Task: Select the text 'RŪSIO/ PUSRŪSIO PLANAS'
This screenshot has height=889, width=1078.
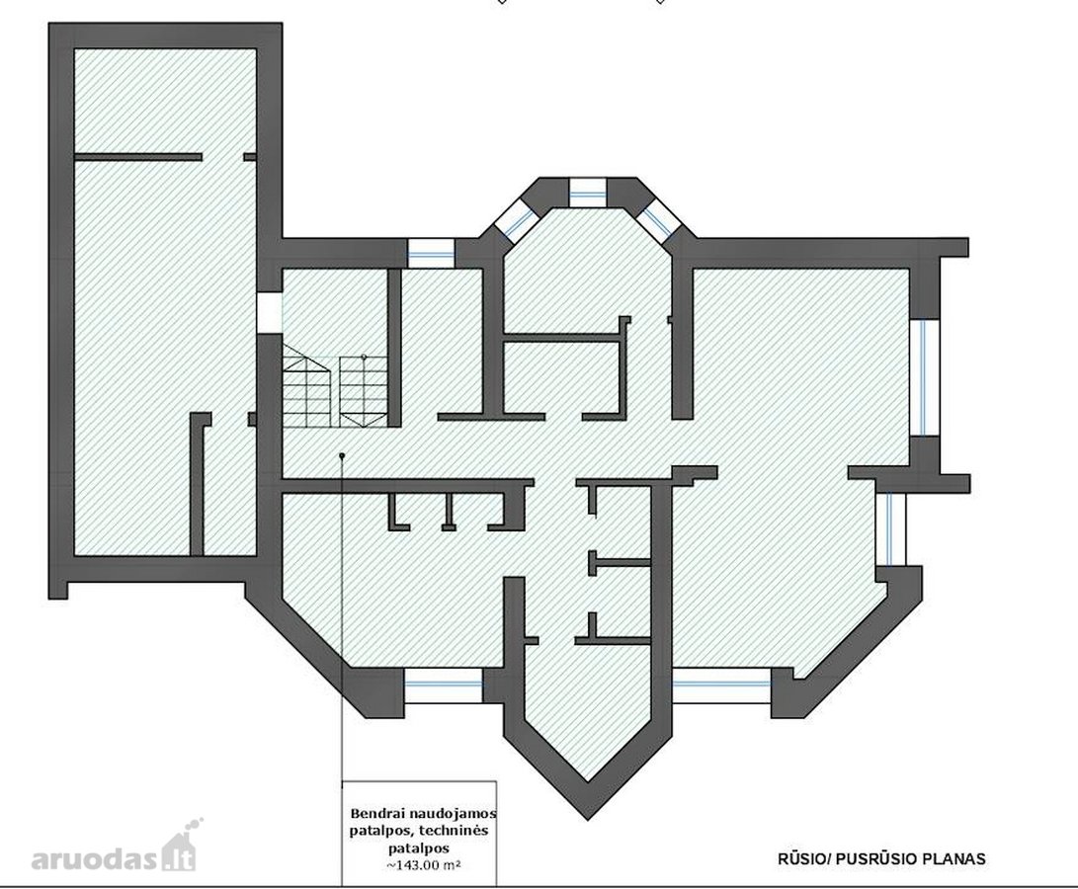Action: (881, 858)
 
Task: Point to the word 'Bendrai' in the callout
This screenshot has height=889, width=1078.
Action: (375, 813)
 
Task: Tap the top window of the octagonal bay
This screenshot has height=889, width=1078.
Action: (588, 193)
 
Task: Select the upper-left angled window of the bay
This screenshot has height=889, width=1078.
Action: (516, 220)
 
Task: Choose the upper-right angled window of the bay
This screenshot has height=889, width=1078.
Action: (659, 220)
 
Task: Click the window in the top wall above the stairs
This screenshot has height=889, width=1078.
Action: (431, 253)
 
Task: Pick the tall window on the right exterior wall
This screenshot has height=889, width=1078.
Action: (925, 377)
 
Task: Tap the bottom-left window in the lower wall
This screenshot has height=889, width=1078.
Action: (444, 686)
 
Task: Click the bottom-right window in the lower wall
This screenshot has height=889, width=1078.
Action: (721, 686)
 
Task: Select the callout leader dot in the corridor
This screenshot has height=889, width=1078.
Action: (342, 455)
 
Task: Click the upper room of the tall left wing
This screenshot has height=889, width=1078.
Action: (165, 101)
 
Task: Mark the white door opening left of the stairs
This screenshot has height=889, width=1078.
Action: (270, 314)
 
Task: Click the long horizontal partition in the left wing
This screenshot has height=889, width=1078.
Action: (138, 157)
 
